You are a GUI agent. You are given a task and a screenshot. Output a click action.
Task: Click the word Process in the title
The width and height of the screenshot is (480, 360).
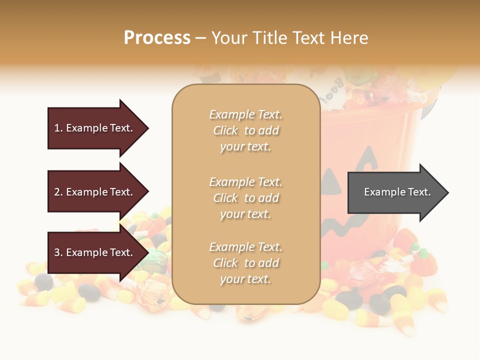coord(157,38)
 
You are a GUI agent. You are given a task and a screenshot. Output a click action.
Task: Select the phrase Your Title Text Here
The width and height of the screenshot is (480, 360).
coord(289,38)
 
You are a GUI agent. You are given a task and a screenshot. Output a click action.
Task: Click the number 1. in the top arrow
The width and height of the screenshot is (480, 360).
coord(58,128)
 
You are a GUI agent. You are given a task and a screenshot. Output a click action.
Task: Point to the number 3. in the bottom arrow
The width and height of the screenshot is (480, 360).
coord(58,252)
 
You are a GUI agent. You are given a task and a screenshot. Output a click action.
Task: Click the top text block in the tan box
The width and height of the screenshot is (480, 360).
coord(245,130)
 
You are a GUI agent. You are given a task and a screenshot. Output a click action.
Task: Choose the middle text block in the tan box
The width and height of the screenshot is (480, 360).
coord(245,198)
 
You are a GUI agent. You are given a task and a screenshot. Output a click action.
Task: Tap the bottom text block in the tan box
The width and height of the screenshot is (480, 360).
coord(245,263)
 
